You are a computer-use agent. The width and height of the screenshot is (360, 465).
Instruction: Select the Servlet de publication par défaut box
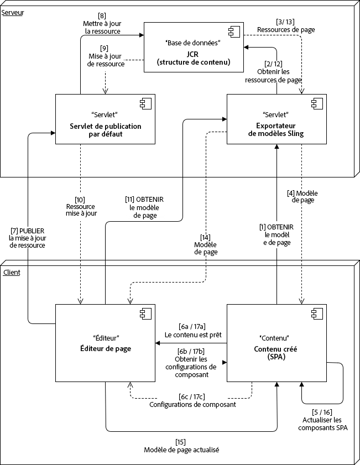105,119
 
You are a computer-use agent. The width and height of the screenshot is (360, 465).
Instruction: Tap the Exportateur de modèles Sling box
276,119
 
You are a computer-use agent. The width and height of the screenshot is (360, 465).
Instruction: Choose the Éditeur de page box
105,343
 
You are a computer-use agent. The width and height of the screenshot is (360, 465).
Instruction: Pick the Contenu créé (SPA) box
276,343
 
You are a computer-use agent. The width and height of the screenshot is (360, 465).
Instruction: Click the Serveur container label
13,12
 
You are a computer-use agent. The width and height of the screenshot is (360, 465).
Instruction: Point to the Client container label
12,273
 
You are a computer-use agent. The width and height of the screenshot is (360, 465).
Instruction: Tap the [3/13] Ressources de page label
286,26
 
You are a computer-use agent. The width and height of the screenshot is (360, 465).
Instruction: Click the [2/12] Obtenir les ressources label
274,72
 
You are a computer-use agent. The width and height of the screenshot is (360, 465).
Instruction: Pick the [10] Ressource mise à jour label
81,205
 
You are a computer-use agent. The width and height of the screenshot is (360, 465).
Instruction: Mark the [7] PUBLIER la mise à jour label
28,238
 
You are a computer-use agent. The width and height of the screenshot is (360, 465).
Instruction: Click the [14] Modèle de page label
206,244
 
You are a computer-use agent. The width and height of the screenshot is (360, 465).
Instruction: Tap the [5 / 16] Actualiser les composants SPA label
322,420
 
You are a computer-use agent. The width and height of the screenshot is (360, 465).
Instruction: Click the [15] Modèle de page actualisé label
181,446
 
